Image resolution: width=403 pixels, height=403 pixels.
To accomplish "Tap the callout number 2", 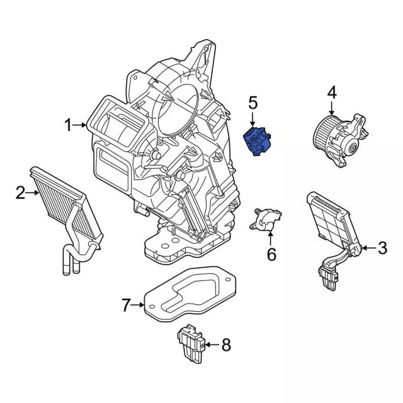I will click(x=20, y=192).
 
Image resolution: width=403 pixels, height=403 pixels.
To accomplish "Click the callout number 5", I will click(x=253, y=102).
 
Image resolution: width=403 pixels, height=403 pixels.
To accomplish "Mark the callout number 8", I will click(x=226, y=344).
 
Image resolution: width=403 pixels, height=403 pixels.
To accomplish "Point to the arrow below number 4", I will click(x=332, y=108).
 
